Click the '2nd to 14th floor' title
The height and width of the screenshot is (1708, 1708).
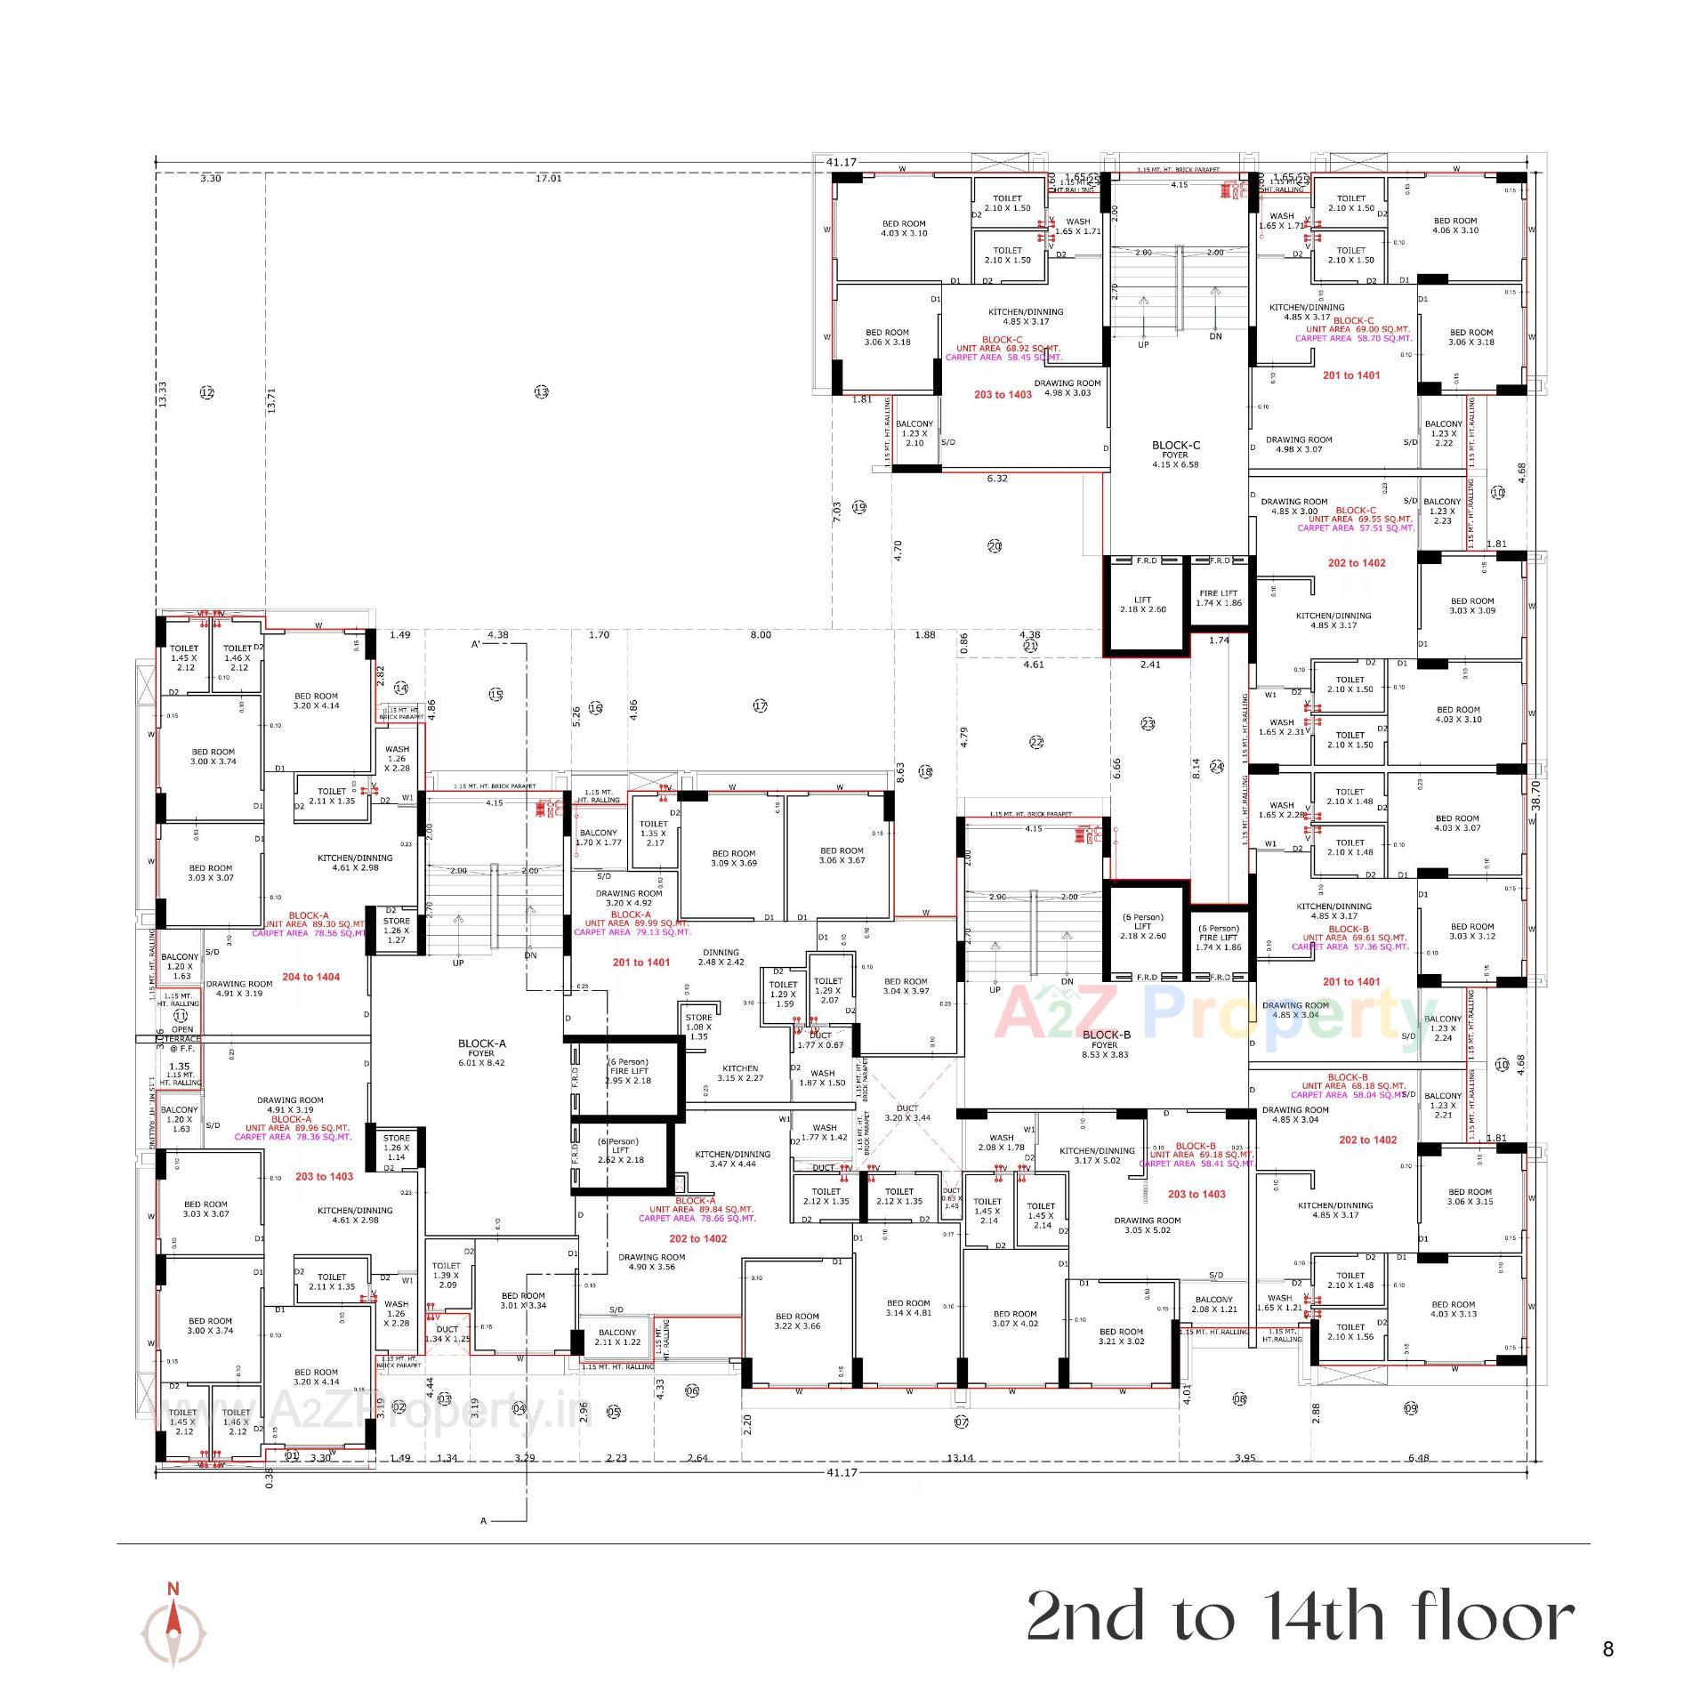[1300, 1616]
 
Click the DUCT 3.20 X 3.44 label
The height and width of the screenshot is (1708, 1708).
[907, 1112]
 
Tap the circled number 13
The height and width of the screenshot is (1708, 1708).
[542, 392]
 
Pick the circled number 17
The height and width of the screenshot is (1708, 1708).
[760, 705]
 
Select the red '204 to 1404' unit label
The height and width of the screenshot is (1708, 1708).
[310, 977]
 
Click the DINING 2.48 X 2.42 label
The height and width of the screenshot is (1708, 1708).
[721, 957]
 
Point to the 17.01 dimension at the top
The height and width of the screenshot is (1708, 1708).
[548, 179]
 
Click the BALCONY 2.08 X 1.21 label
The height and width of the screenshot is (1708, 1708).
[1214, 1304]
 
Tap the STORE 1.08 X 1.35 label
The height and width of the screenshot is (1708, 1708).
[698, 1027]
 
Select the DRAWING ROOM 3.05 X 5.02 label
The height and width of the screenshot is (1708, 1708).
[1148, 1225]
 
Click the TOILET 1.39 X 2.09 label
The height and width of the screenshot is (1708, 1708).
[447, 1275]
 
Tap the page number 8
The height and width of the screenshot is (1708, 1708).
[1607, 1649]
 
